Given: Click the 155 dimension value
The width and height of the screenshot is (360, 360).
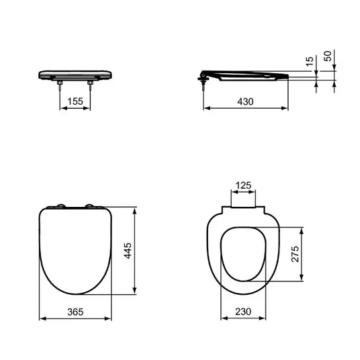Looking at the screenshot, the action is pyautogui.click(x=75, y=101).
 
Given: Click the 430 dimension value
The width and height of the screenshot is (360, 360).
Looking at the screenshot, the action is pyautogui.click(x=245, y=101).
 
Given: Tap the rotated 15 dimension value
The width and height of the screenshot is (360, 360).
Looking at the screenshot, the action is pyautogui.click(x=310, y=61).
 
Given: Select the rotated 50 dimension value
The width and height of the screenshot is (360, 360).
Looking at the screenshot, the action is pyautogui.click(x=328, y=56).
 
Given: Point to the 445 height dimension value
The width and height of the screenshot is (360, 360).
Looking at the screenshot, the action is pyautogui.click(x=128, y=251).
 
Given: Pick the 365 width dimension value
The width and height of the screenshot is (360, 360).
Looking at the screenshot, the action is pyautogui.click(x=75, y=312).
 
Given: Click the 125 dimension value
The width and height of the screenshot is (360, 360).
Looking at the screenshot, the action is pyautogui.click(x=243, y=185).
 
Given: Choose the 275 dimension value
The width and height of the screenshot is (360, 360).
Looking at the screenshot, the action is pyautogui.click(x=295, y=254).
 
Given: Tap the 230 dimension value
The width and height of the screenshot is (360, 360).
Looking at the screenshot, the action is pyautogui.click(x=243, y=312).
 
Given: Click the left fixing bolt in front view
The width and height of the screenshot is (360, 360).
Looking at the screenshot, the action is pyautogui.click(x=60, y=86).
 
